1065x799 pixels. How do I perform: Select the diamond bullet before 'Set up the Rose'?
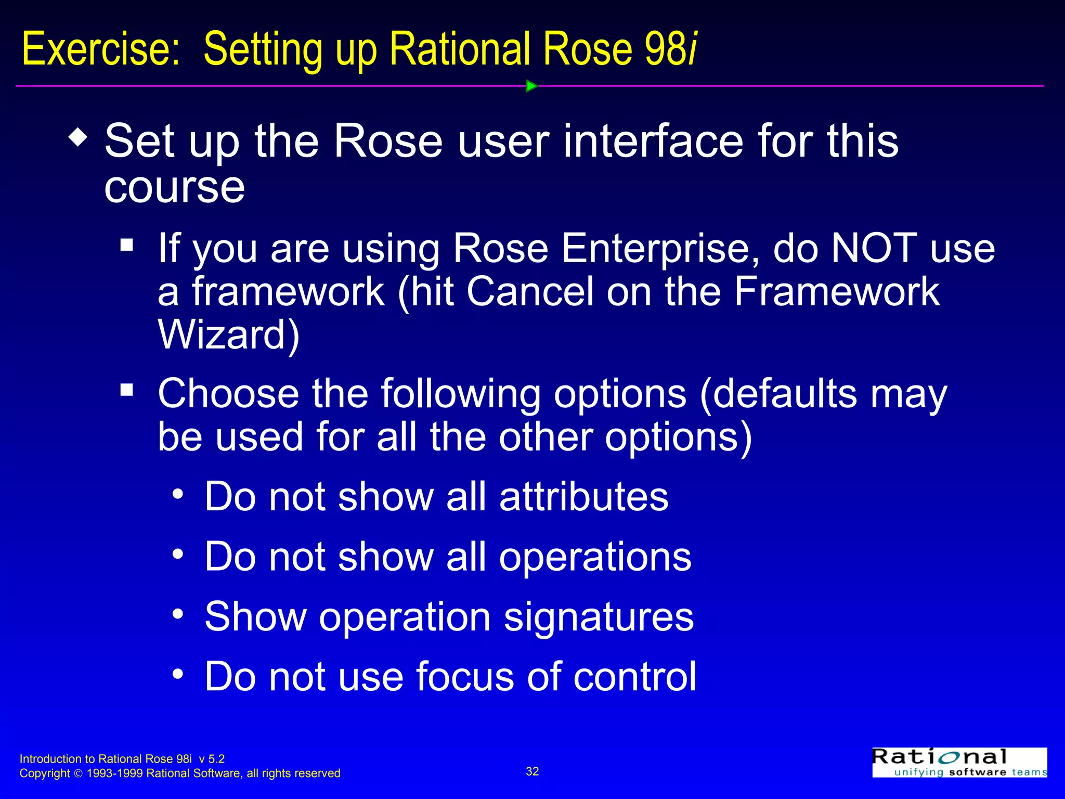pyautogui.click(x=78, y=138)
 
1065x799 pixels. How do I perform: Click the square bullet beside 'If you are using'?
pyautogui.click(x=126, y=244)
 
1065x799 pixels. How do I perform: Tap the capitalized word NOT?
pyautogui.click(x=874, y=248)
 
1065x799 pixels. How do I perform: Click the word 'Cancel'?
pyautogui.click(x=530, y=291)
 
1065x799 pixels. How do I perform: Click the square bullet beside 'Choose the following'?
pyautogui.click(x=126, y=389)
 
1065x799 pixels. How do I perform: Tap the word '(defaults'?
pyautogui.click(x=778, y=394)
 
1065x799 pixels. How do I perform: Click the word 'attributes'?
pyautogui.click(x=583, y=497)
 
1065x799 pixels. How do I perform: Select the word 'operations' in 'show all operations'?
pyautogui.click(x=595, y=557)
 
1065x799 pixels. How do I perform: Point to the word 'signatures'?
pyautogui.click(x=599, y=617)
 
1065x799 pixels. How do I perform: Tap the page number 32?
pyautogui.click(x=532, y=771)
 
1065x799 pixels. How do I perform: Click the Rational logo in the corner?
pyautogui.click(x=959, y=763)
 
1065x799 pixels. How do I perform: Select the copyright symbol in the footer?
pyautogui.click(x=79, y=774)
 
